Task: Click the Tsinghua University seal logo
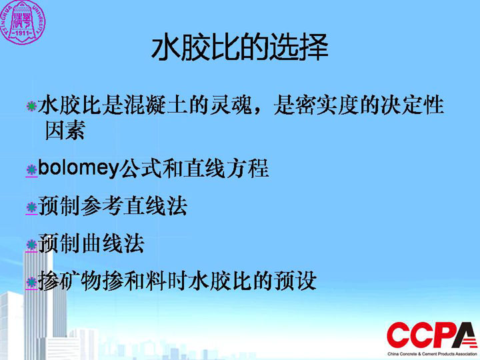click(22, 22)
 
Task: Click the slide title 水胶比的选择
click(240, 47)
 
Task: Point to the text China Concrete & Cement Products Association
click(433, 354)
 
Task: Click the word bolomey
click(78, 168)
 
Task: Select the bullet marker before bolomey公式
click(31, 169)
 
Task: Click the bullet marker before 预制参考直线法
click(31, 207)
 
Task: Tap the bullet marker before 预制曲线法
click(31, 245)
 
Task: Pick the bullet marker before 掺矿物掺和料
click(31, 282)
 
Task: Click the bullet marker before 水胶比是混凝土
click(31, 106)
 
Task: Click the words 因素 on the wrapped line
click(65, 130)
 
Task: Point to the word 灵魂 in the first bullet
click(231, 105)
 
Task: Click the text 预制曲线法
click(91, 243)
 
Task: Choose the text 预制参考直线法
click(113, 206)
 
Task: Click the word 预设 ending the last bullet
click(295, 281)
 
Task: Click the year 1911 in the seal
click(22, 33)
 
